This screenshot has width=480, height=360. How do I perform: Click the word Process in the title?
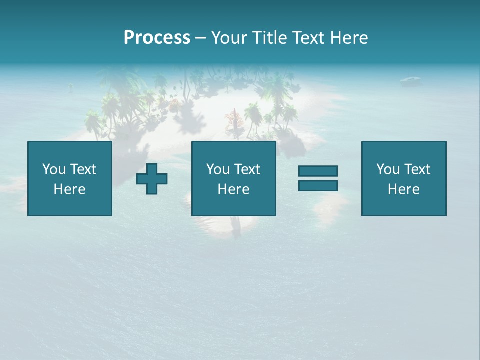click(157, 38)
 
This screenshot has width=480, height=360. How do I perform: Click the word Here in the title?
click(350, 38)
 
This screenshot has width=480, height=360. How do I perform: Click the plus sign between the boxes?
click(152, 178)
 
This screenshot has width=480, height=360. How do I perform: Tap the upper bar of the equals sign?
click(318, 171)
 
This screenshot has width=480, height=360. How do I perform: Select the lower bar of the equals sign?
click(318, 185)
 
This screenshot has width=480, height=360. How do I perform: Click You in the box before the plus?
click(54, 169)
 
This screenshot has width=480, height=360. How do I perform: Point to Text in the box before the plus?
click(82, 169)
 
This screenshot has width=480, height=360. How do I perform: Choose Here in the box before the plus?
click(70, 189)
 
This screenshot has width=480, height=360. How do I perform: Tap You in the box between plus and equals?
click(218, 169)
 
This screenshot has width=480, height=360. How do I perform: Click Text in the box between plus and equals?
click(246, 169)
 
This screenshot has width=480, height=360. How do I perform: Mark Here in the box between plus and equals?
click(234, 189)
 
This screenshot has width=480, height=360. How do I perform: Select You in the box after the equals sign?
click(388, 169)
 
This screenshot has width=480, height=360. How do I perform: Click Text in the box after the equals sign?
click(416, 169)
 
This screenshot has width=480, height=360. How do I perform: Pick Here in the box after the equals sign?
click(404, 189)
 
